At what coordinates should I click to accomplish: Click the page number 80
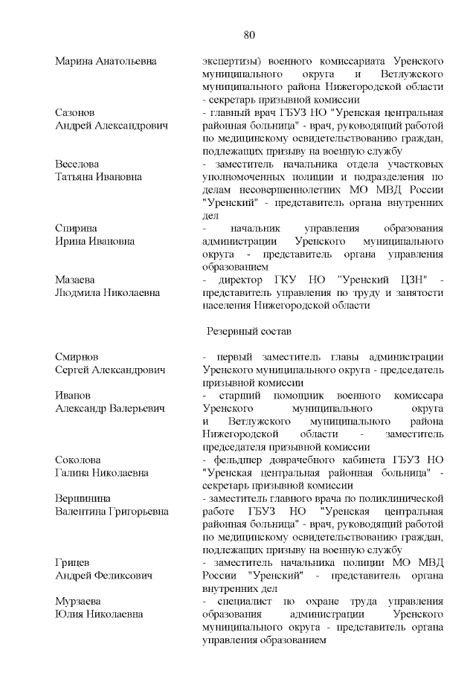(249, 34)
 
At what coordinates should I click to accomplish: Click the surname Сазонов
(74, 112)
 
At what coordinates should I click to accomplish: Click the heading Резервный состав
(249, 329)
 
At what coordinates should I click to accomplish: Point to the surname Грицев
(73, 562)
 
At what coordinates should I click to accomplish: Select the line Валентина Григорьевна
(112, 511)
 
